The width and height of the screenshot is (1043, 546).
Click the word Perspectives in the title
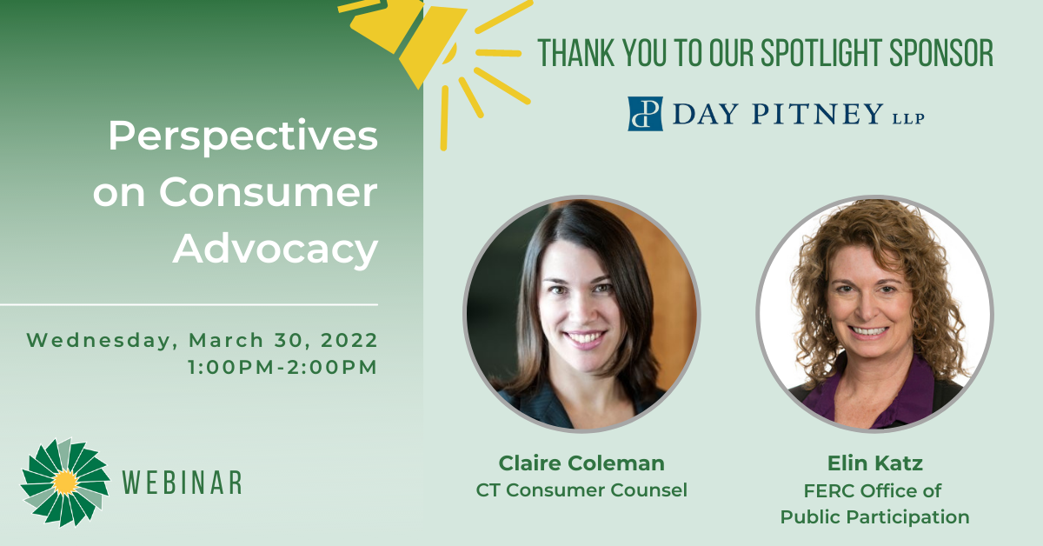[x=242, y=136]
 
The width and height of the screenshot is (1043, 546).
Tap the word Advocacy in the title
[x=276, y=250]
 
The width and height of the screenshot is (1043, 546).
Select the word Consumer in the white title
[x=269, y=192]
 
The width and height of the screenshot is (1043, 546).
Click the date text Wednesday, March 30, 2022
[x=202, y=340]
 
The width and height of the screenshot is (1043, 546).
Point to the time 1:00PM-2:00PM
[x=282, y=367]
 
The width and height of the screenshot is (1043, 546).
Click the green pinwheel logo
[x=65, y=483]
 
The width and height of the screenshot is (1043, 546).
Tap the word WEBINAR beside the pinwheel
[x=182, y=483]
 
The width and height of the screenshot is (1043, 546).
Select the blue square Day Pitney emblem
[x=645, y=114]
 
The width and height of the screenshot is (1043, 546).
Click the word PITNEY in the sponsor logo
[x=818, y=114]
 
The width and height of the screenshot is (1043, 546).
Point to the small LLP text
[x=908, y=119]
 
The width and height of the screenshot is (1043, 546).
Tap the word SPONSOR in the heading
[x=941, y=53]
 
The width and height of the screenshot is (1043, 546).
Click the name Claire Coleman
[x=581, y=463]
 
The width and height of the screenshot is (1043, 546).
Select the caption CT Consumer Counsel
[x=581, y=490]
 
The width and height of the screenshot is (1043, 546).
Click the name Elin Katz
[x=875, y=463]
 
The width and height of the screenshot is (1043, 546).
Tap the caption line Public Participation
[x=875, y=517]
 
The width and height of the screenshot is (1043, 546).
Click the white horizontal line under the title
[x=189, y=305]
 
